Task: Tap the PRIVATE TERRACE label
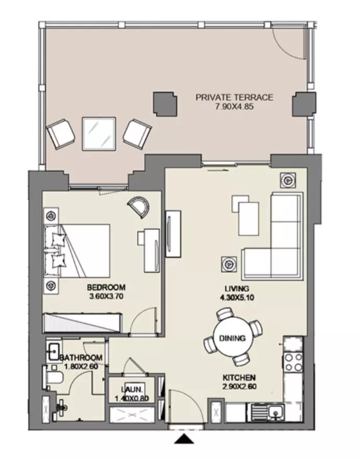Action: (234, 97)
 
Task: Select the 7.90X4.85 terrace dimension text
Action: (234, 106)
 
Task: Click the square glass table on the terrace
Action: (99, 134)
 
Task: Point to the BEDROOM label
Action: (106, 287)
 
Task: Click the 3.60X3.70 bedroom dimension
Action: (106, 296)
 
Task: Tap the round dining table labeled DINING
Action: (232, 339)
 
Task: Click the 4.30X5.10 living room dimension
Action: (237, 298)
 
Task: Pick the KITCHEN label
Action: (239, 377)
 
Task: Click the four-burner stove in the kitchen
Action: (293, 362)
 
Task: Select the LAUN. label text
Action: (132, 389)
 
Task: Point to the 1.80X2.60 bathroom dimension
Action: (81, 367)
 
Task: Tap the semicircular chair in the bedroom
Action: (139, 207)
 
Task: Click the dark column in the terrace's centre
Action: (165, 104)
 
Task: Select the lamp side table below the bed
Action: (51, 285)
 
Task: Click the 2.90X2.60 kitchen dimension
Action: (239, 387)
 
